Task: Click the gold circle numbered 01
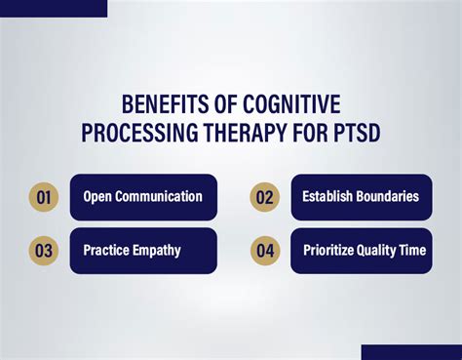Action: pos(43,197)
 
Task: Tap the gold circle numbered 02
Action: pos(264,197)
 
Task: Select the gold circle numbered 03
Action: pos(43,251)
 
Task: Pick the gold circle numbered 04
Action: pos(264,251)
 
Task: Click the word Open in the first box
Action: pos(98,197)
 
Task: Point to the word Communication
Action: pos(159,197)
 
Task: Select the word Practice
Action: pos(108,251)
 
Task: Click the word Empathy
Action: pos(159,251)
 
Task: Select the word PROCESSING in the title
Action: pos(134,132)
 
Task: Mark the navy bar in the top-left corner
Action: pos(54,8)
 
